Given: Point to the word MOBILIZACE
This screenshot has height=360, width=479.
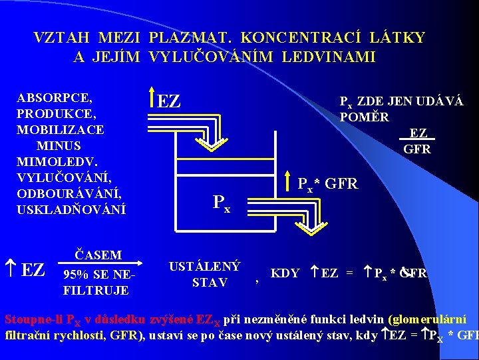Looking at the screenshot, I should coord(61,129).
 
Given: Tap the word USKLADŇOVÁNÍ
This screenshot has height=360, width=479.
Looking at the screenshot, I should coord(71,209).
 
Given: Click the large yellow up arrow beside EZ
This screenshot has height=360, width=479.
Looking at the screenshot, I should coord(152,99).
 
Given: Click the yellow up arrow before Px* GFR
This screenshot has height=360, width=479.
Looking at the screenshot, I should coord(290,181).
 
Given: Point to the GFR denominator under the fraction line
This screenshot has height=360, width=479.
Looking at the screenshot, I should coord(417,149).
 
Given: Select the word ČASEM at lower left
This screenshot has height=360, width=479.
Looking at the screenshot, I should coord(98,255).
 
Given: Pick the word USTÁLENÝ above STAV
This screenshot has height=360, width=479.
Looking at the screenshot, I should coord(204,267).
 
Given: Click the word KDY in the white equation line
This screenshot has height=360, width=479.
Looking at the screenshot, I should coord(285,273).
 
